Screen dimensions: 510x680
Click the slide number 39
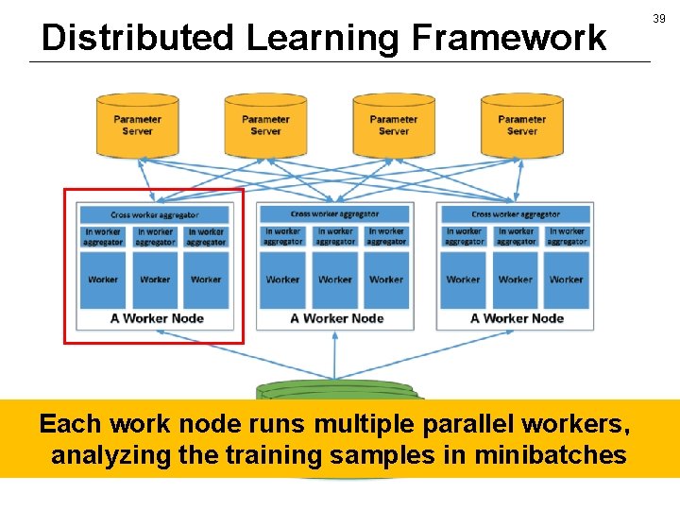click(658, 19)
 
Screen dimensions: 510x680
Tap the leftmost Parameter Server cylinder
click(137, 126)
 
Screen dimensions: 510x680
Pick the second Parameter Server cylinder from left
click(265, 126)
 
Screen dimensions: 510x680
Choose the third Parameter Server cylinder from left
click(394, 126)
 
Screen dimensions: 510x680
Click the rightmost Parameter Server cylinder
click(521, 126)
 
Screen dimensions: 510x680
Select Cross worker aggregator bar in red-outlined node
click(155, 215)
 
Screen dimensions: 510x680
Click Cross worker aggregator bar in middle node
click(335, 215)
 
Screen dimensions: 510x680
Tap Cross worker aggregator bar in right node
click(516, 215)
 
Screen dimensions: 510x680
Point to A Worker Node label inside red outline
click(157, 318)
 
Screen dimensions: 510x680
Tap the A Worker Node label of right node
click(517, 318)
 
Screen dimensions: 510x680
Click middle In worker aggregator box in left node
click(155, 237)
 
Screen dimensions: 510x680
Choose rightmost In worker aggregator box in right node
click(567, 237)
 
